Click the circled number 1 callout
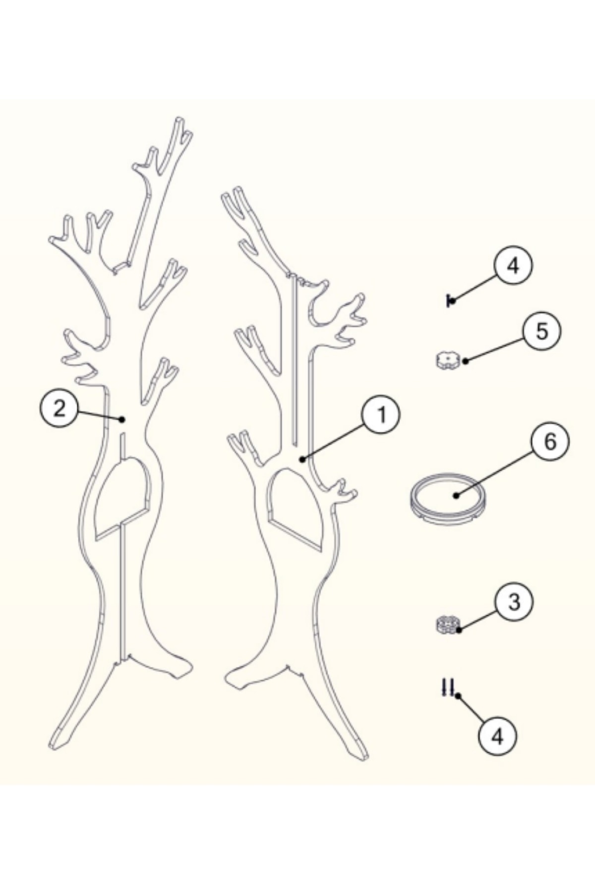[x=381, y=416]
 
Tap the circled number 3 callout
[x=514, y=602]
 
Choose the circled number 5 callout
[x=542, y=331]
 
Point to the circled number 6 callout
[x=550, y=442]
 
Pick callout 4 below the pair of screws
[x=497, y=736]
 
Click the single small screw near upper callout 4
[x=450, y=300]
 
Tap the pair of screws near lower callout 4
[x=447, y=688]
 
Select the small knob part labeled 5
[x=448, y=360]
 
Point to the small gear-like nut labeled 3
[x=448, y=625]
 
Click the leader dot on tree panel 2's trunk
[x=122, y=419]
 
